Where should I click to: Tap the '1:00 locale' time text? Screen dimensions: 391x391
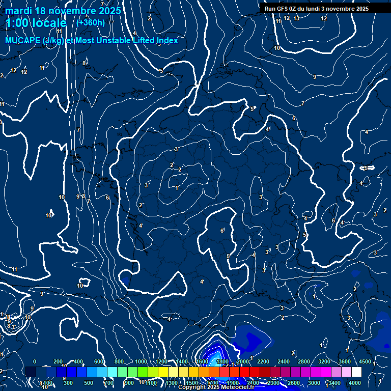(36, 23)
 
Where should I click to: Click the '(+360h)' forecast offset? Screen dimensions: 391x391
(91, 22)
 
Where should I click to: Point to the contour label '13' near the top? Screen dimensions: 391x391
(296, 18)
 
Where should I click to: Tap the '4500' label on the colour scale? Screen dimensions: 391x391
(365, 361)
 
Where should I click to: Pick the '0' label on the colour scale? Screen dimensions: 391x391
(35, 361)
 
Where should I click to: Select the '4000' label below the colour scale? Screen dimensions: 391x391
(355, 383)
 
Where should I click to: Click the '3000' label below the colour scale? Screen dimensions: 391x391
(314, 383)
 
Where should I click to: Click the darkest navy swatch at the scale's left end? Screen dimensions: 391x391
(31, 372)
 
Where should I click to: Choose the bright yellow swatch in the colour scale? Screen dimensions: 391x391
(173, 372)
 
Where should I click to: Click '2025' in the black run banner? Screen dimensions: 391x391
(362, 9)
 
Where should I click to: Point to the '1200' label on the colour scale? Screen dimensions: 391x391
(161, 361)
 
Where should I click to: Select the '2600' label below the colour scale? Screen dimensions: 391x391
(294, 383)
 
